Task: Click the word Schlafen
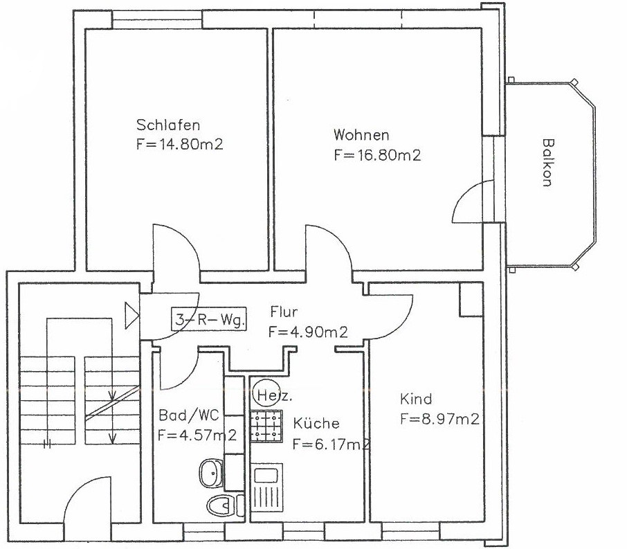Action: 168,125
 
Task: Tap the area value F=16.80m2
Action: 377,154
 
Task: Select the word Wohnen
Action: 361,135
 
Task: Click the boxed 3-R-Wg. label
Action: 209,319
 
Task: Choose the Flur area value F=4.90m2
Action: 308,332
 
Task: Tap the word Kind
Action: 416,399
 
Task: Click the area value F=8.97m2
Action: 439,419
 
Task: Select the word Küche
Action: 316,423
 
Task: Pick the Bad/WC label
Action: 189,415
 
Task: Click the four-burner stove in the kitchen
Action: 266,426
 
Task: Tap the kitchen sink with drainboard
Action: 266,488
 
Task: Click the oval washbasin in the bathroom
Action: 211,473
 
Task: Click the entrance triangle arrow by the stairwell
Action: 131,316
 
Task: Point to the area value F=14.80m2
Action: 179,144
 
